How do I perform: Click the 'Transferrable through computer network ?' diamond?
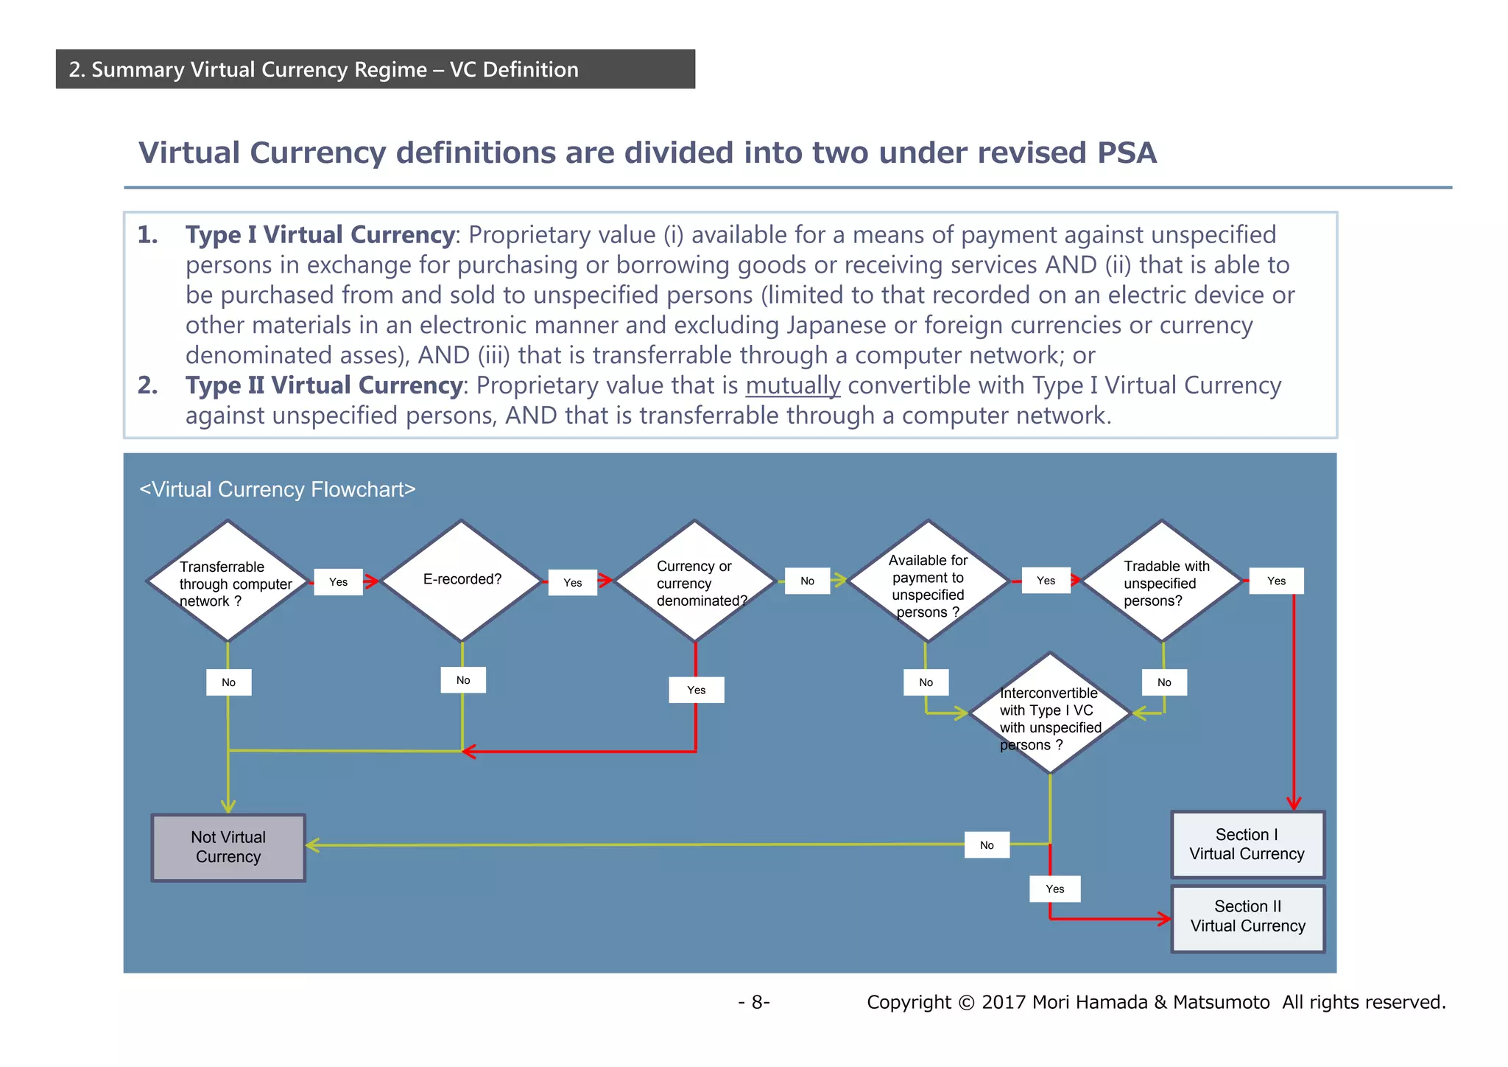tap(228, 581)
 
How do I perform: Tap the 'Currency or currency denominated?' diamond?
tap(694, 581)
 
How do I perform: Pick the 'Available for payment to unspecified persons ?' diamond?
tap(928, 581)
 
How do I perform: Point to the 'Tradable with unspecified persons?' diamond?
tap(1161, 581)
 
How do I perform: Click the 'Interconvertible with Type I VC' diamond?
tap(1050, 713)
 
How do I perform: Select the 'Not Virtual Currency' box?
tap(228, 847)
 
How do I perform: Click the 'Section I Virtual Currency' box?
tap(1247, 844)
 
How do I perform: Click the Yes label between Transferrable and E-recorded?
tap(338, 582)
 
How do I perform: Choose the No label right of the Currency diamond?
tap(807, 581)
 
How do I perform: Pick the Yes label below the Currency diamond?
tap(696, 690)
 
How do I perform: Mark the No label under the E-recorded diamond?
tap(463, 680)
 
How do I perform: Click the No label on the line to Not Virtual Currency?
tap(987, 845)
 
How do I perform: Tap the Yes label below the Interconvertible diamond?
tap(1054, 889)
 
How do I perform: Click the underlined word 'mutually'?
tap(792, 385)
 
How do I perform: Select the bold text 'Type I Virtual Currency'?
tap(320, 235)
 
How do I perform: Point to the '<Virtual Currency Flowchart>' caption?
tap(278, 489)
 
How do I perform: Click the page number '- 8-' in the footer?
tap(754, 1002)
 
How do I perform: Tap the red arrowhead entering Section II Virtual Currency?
tap(1164, 919)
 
